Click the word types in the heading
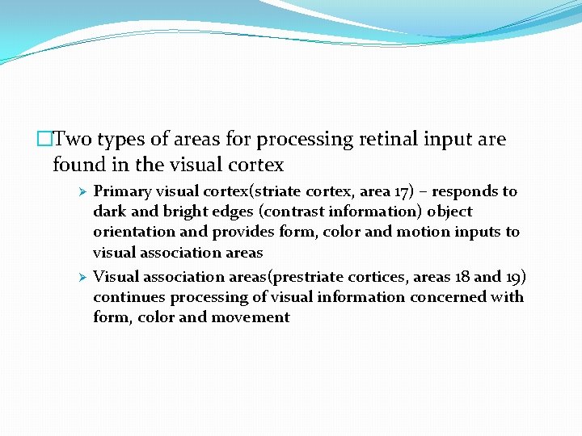tap(129, 140)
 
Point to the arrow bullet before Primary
tap(81, 192)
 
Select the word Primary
tap(122, 192)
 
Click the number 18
tap(461, 278)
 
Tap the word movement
tap(250, 317)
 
